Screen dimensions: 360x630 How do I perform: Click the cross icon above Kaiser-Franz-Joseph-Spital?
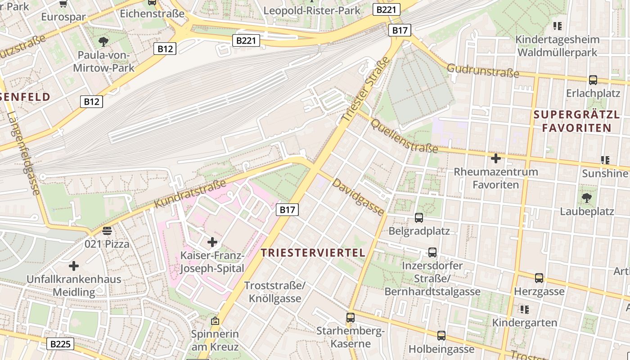point(212,243)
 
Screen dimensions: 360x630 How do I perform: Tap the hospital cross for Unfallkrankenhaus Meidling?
point(74,266)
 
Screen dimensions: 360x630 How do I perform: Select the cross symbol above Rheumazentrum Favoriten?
point(495,158)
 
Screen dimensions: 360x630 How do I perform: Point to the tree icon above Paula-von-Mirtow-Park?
point(103,42)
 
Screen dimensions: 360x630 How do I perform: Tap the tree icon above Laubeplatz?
point(586,198)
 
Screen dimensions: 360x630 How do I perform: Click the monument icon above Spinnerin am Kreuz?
point(215,321)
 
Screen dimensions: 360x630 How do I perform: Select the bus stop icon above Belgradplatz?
point(419,218)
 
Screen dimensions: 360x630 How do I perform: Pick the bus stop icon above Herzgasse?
point(539,278)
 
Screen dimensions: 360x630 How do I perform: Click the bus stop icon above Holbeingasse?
point(441,335)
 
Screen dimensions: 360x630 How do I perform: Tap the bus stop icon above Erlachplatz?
point(593,80)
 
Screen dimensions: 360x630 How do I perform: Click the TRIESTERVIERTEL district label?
point(313,253)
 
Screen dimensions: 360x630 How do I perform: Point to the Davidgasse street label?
point(359,198)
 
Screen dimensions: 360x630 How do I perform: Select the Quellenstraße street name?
point(404,136)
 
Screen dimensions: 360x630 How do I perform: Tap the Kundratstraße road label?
point(190,194)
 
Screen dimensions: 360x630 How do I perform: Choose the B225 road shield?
point(60,344)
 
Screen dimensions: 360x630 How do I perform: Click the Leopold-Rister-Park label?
point(311,10)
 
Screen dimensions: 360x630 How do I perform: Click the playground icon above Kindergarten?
point(524,310)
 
